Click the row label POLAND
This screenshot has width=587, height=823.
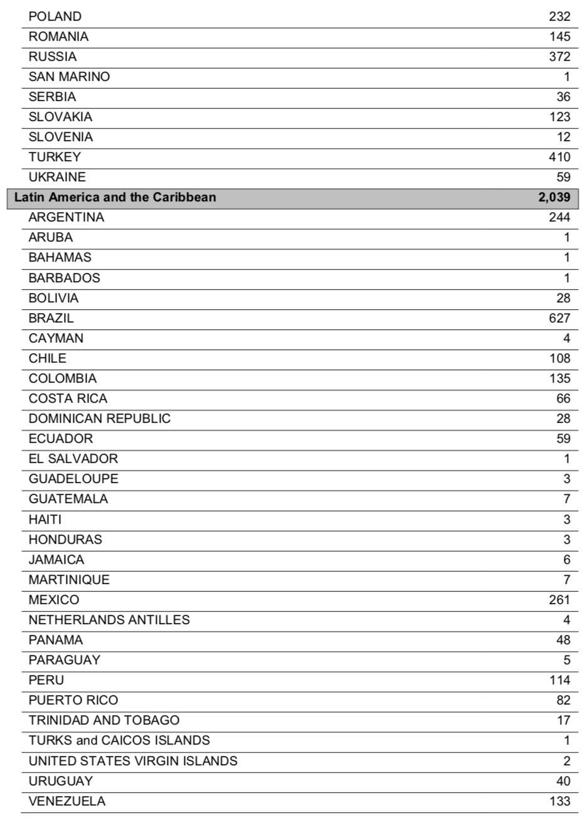(x=55, y=16)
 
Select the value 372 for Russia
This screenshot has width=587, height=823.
(x=559, y=56)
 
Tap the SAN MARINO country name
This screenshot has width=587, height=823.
(x=69, y=77)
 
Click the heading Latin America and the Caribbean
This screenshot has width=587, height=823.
(x=115, y=197)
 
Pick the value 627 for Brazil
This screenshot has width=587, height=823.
(x=559, y=318)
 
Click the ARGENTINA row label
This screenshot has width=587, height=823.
(x=66, y=217)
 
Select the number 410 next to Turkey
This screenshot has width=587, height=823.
(x=559, y=157)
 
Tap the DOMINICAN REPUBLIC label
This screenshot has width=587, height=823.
(x=100, y=418)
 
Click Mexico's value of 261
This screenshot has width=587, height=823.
(x=559, y=600)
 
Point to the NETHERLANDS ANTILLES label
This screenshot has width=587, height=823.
(x=109, y=620)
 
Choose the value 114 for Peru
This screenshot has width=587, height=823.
(x=559, y=680)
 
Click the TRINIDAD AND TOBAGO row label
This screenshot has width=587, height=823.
(x=104, y=720)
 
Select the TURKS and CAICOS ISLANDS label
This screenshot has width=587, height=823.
(x=119, y=740)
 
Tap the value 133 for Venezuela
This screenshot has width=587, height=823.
(x=559, y=801)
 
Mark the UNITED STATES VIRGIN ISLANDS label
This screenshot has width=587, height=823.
(x=133, y=761)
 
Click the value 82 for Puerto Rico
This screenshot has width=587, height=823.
(x=563, y=700)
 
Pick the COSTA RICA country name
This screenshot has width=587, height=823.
(x=68, y=398)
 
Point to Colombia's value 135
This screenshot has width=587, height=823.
(x=559, y=378)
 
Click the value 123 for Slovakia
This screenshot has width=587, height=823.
(x=559, y=117)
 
